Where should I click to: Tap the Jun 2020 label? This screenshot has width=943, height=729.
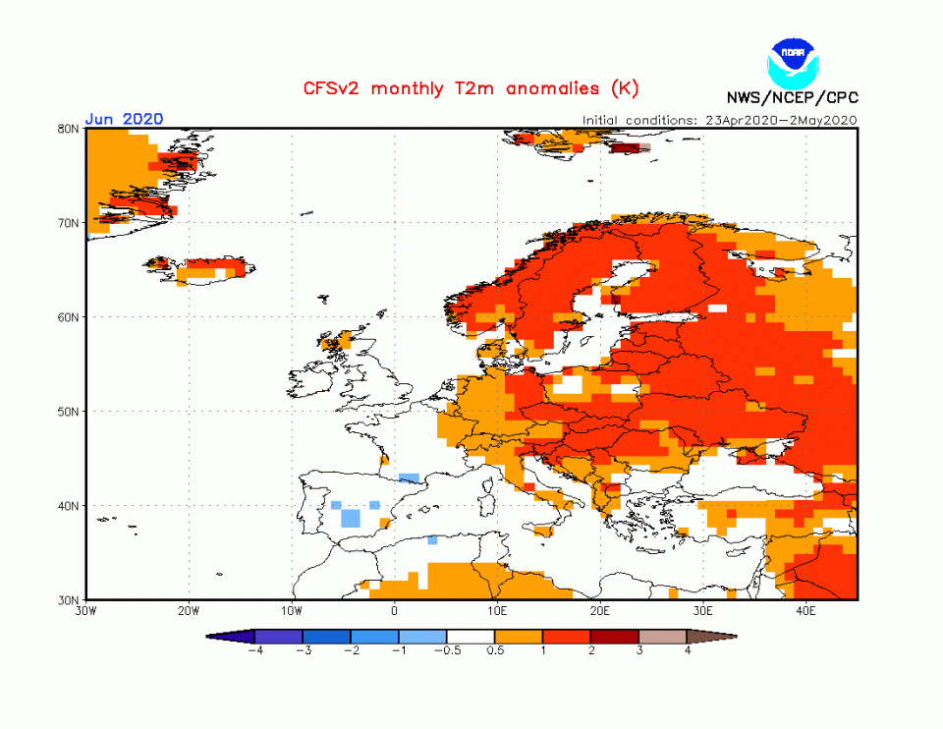pos(124,119)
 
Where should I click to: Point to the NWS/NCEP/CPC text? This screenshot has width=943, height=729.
pos(792,97)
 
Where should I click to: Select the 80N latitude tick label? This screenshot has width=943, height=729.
pos(68,129)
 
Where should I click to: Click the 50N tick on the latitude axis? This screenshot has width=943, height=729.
pos(68,412)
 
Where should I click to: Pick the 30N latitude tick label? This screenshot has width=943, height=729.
pos(68,599)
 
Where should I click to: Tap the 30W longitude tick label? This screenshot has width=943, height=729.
pos(85,610)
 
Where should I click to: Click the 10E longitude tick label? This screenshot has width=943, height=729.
pos(497,610)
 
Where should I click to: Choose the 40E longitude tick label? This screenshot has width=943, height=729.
pos(805,610)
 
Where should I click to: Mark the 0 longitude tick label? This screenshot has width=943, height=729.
pos(394,610)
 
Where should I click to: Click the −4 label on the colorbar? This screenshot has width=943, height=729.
pos(253,650)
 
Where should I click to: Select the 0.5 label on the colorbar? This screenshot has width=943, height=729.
pos(495,650)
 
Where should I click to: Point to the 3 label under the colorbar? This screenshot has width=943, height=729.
pos(639,650)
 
